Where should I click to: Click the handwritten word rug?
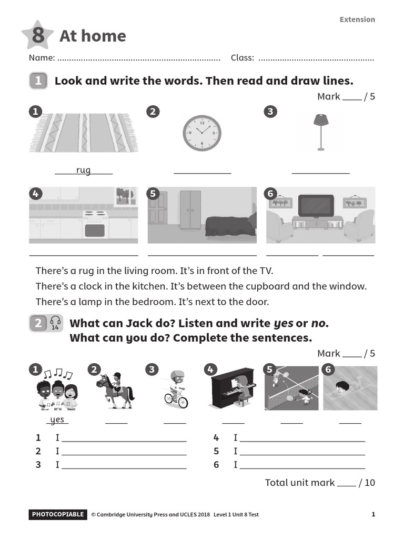tap(83, 170)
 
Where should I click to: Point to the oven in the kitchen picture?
tap(95, 225)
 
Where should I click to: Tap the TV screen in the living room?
tap(316, 205)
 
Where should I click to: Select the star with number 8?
tap(37, 36)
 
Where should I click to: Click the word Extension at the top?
tap(357, 19)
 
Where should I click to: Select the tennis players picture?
tap(292, 388)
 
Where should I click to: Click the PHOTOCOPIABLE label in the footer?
tap(57, 514)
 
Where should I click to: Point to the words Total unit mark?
tap(299, 483)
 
